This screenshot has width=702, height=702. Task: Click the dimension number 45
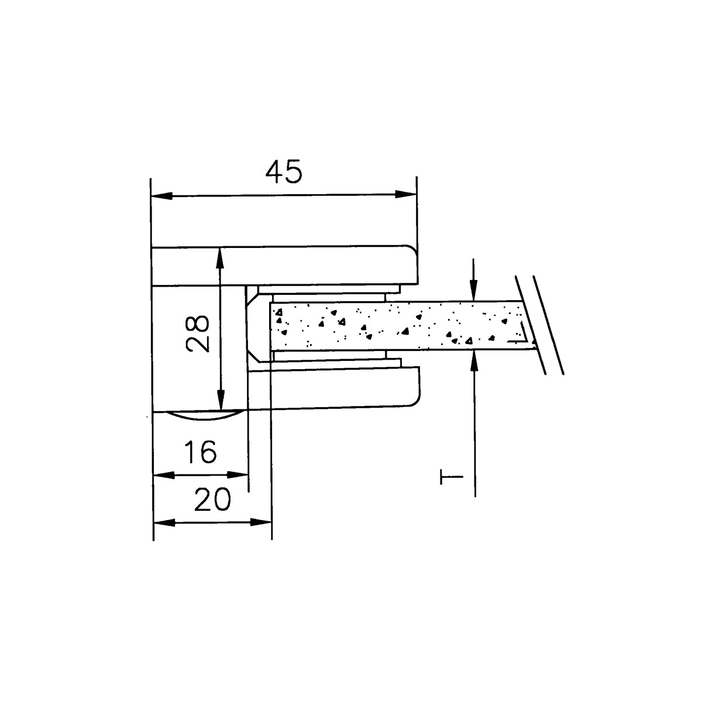coord(284,171)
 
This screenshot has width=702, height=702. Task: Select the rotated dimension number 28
coord(198,333)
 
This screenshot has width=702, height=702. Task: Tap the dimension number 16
coord(201,452)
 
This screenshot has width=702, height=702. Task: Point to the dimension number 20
coord(212,499)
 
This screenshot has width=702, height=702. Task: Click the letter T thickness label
coord(451,477)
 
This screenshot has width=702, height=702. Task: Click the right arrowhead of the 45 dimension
coord(405,194)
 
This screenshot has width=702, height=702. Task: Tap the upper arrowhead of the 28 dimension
coord(219,259)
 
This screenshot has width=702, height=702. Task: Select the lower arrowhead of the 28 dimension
coord(221,400)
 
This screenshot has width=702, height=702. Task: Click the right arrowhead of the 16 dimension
coord(237,474)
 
